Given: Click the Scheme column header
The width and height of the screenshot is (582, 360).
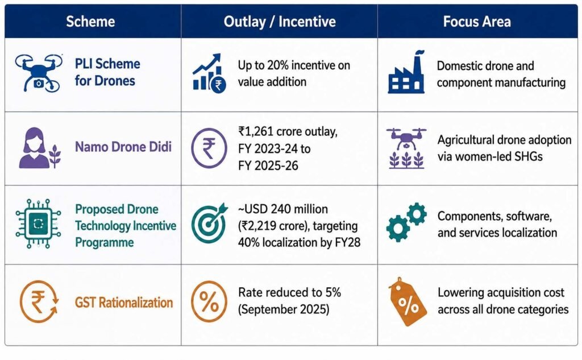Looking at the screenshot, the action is click(x=90, y=22).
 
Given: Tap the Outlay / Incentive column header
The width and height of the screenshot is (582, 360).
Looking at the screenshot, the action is click(x=280, y=22).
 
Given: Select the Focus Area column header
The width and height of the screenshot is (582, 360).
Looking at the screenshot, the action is click(x=477, y=22).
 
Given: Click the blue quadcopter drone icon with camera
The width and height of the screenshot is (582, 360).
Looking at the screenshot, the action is click(x=39, y=73).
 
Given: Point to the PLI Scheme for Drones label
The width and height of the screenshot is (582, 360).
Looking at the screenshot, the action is click(x=107, y=72).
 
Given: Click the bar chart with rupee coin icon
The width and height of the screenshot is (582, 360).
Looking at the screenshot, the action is click(x=209, y=73).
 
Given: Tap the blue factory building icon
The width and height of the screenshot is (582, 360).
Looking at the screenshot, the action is click(x=406, y=72).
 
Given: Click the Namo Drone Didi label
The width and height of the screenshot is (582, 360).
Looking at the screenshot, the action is click(x=123, y=147).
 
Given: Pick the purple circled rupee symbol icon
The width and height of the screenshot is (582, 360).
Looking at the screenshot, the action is click(x=209, y=148).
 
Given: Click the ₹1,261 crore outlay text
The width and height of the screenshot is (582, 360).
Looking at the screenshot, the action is click(x=288, y=131).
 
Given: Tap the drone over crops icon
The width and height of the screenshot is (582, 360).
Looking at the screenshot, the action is click(x=406, y=148).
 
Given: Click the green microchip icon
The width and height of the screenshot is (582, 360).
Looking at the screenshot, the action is click(x=38, y=224).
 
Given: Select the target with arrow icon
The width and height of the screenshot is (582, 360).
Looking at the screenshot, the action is click(x=209, y=223).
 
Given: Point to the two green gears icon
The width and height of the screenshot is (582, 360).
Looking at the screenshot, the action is click(x=406, y=222).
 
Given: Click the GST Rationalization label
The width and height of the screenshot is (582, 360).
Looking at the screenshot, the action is click(x=123, y=303).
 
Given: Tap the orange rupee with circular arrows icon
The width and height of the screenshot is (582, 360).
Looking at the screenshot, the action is click(x=39, y=301).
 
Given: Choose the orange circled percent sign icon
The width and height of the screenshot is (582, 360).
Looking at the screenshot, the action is click(x=209, y=301).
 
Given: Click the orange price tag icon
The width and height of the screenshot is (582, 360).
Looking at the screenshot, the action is click(x=407, y=301).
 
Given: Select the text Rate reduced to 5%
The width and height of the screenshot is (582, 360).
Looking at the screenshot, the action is click(x=289, y=292).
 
